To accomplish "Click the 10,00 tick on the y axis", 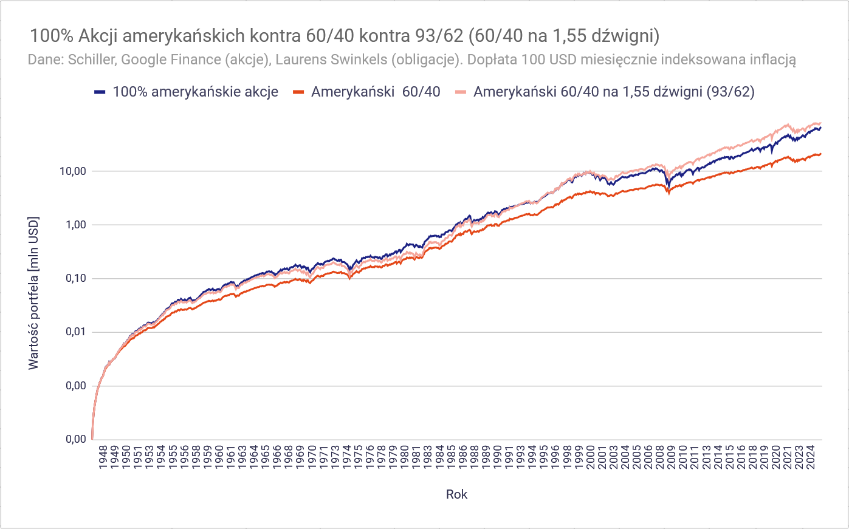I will pyautogui.click(x=72, y=171).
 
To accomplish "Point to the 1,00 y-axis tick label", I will pyautogui.click(x=75, y=225).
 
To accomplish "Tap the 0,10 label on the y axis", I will pyautogui.click(x=75, y=279).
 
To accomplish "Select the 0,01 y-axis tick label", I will pyautogui.click(x=75, y=332).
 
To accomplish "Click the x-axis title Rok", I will pyautogui.click(x=456, y=494).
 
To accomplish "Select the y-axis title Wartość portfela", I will pyautogui.click(x=33, y=293).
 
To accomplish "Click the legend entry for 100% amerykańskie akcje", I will pyautogui.click(x=195, y=92).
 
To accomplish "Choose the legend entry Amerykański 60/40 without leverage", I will pyautogui.click(x=375, y=92).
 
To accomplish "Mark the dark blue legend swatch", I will pyautogui.click(x=100, y=92).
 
